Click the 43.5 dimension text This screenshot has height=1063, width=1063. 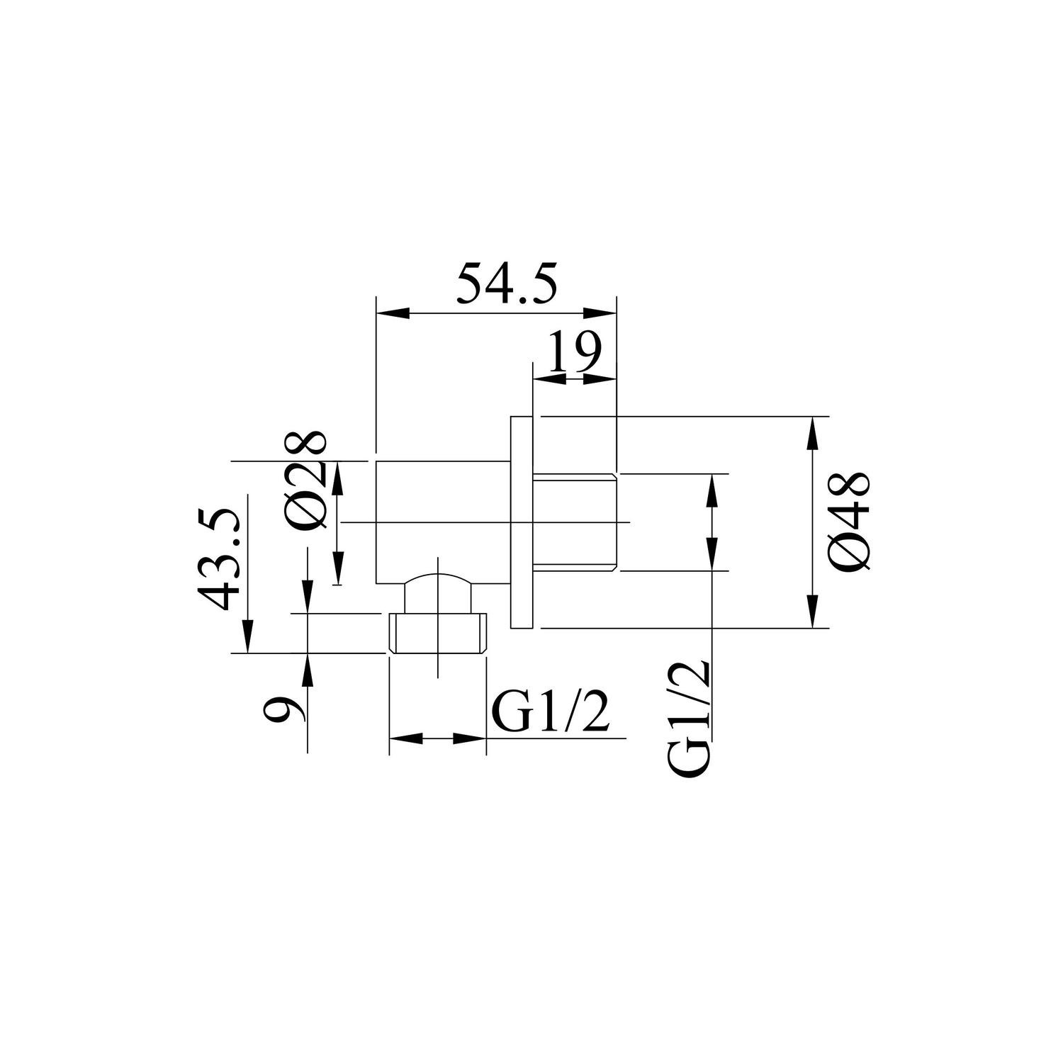click(x=219, y=558)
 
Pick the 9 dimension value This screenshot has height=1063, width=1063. click(x=284, y=709)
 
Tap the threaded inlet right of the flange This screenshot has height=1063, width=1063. click(x=574, y=522)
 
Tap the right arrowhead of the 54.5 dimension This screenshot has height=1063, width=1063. click(x=599, y=313)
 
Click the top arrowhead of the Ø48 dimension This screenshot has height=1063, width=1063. click(x=812, y=434)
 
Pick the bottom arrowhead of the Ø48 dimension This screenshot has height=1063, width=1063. click(x=812, y=610)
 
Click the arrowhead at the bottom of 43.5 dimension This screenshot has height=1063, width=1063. click(x=247, y=636)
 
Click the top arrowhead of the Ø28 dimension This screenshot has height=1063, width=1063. click(x=339, y=479)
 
